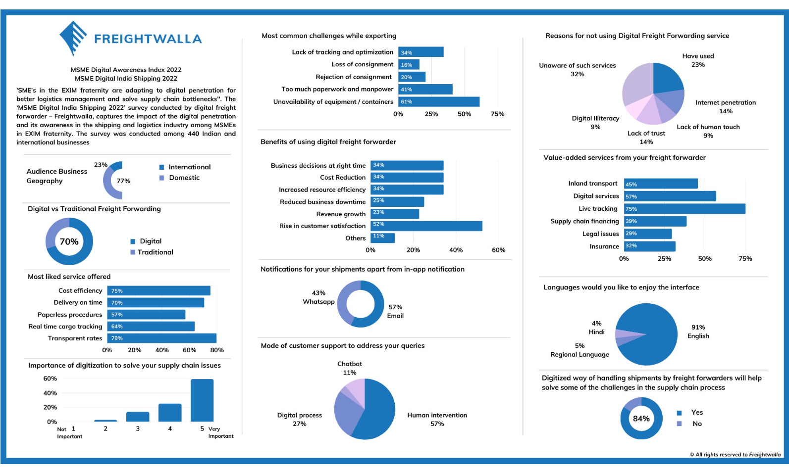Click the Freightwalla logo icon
click(73, 38)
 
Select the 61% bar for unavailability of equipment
click(439, 101)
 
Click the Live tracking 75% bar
click(684, 209)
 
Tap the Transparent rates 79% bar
click(162, 338)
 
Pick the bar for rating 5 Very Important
click(202, 400)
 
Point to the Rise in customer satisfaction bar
click(426, 226)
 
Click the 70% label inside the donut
click(69, 241)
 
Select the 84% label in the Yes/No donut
click(641, 419)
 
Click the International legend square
click(161, 167)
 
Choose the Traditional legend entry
click(151, 252)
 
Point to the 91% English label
click(698, 331)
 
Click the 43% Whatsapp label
click(318, 297)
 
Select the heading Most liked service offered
click(69, 277)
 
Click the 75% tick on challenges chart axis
click(497, 114)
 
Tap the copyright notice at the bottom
click(735, 455)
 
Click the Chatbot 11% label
click(350, 368)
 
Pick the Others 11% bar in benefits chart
click(382, 238)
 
